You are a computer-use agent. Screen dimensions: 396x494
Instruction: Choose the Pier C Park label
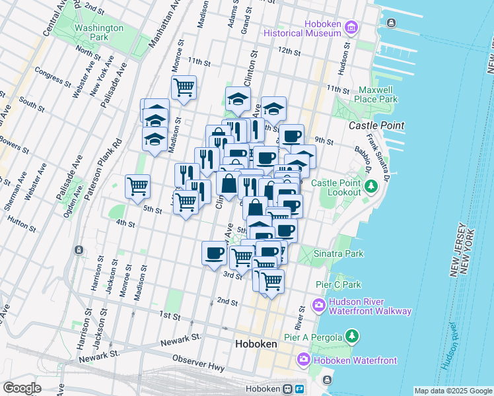[x=338, y=284]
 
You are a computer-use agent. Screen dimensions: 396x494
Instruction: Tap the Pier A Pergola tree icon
[x=353, y=337]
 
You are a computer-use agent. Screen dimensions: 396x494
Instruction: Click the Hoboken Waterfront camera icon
[x=303, y=360]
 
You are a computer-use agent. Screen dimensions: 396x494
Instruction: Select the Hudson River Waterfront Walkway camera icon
[x=319, y=304]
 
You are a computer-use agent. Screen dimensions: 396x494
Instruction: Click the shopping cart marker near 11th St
[x=184, y=87]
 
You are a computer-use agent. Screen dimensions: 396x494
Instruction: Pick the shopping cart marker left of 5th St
[x=137, y=185]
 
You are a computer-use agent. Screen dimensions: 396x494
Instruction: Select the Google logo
[x=22, y=388]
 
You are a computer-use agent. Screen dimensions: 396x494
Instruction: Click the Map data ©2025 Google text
[x=452, y=391]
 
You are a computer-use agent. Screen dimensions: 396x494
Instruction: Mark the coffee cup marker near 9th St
[x=291, y=137]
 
